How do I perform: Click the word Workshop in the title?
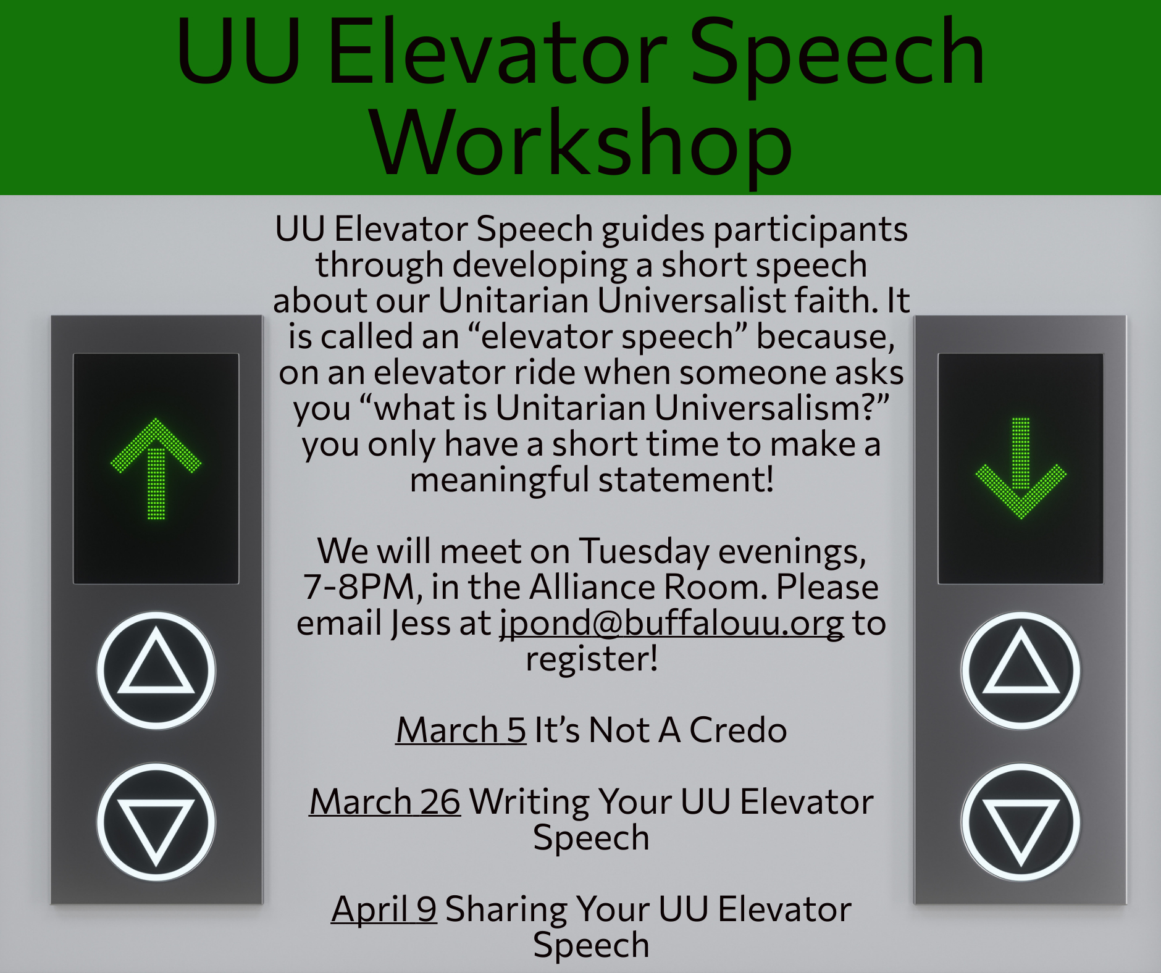(x=580, y=143)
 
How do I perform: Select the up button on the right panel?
(x=1020, y=670)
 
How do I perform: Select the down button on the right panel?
(x=1020, y=822)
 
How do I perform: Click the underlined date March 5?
(x=461, y=730)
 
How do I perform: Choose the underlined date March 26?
(x=385, y=801)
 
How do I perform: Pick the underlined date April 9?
(x=384, y=909)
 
